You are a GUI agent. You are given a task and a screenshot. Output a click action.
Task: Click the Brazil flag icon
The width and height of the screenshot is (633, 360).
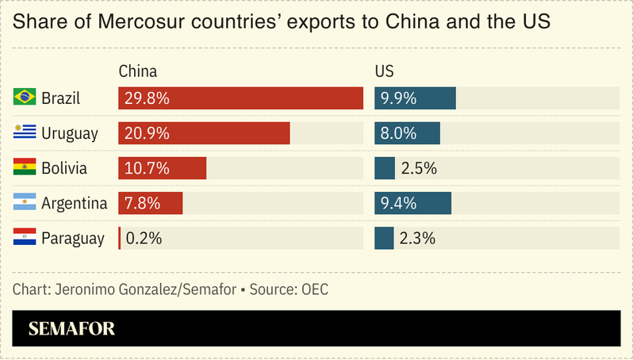point(25,98)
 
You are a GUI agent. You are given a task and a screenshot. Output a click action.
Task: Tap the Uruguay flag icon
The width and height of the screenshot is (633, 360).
point(25,132)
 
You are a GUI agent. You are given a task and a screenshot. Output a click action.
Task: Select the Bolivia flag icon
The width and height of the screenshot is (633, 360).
point(25,167)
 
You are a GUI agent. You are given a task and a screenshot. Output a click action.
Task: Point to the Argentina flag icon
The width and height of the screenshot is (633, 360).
point(25,202)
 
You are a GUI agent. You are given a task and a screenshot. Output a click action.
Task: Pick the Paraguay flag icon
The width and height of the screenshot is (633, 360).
point(25,237)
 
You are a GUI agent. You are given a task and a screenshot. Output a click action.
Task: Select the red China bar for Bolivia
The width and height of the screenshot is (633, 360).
point(162,168)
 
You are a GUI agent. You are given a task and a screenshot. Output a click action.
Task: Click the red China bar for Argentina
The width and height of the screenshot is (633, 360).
point(151,203)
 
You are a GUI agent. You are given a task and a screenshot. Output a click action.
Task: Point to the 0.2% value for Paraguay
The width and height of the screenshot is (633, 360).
point(144,238)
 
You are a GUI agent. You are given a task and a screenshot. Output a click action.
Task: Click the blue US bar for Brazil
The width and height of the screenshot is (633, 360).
point(415,98)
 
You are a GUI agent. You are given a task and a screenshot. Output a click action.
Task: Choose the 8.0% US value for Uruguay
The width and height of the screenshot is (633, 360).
point(399,133)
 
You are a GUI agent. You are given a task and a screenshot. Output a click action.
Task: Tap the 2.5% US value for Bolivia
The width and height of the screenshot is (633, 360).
point(419,168)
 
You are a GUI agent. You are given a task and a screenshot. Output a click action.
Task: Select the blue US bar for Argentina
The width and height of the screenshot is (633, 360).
point(412,203)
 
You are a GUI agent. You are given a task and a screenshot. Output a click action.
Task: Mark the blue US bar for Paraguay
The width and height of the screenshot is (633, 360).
point(384,238)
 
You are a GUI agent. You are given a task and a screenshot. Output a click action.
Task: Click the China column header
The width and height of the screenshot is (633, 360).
point(137,71)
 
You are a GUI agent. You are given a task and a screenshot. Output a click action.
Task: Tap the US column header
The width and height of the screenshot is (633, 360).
point(384,71)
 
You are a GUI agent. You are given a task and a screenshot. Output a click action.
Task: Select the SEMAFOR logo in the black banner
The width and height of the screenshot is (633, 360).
point(71,328)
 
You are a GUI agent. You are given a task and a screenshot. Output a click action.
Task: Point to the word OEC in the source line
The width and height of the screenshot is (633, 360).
point(314,289)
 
